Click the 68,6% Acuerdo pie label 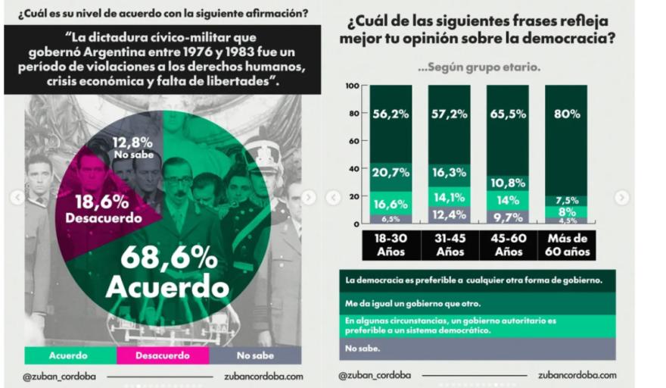coord(167,271)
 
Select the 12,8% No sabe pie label coord(132,147)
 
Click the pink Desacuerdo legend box coord(162,355)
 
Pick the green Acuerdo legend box coord(68,355)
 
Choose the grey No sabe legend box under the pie coord(254,355)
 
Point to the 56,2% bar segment coord(391,114)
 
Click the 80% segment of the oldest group coord(567,114)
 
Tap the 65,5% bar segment coord(508,114)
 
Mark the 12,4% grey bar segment coord(450,215)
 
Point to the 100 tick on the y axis coord(351,86)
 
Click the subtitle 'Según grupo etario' coord(479,67)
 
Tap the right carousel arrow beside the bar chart coord(621,198)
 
